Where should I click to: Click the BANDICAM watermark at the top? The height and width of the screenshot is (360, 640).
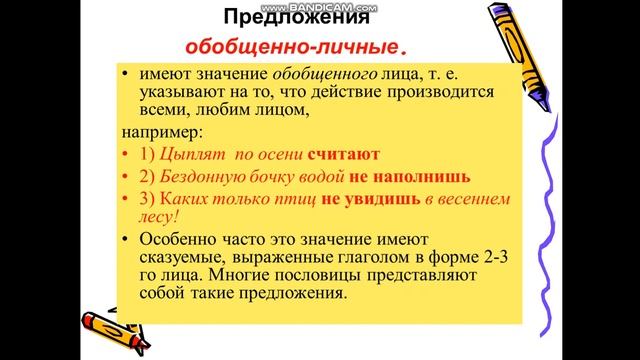[x=320, y=5]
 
